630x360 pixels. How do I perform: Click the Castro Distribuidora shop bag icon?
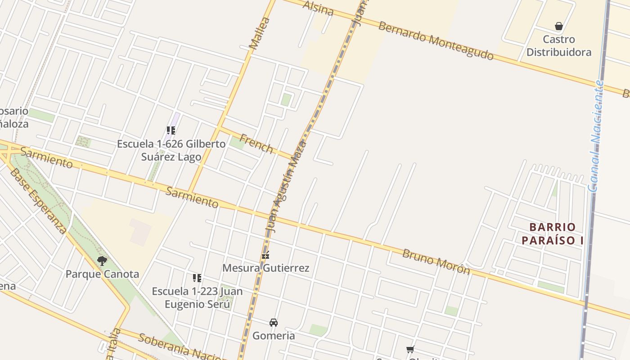(x=559, y=26)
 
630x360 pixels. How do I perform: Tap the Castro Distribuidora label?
(x=559, y=46)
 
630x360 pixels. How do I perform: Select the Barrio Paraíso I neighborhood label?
(x=553, y=234)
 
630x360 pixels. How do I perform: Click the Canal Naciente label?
(x=596, y=136)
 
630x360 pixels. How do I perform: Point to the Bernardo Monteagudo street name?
(x=435, y=40)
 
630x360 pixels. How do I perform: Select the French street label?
(x=256, y=143)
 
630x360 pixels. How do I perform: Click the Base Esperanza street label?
(x=38, y=201)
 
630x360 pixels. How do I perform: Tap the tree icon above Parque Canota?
(x=102, y=261)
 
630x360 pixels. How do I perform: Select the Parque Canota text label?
(x=102, y=274)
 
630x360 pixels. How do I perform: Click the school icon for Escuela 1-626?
(x=171, y=130)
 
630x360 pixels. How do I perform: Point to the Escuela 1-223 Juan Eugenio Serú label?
(x=197, y=297)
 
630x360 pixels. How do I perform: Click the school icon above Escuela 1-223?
(x=197, y=278)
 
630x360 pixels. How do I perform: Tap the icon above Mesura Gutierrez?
(x=265, y=255)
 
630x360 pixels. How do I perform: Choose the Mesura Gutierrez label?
(x=266, y=268)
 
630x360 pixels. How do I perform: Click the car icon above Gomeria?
(x=274, y=322)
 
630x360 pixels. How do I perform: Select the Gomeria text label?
(x=274, y=336)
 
